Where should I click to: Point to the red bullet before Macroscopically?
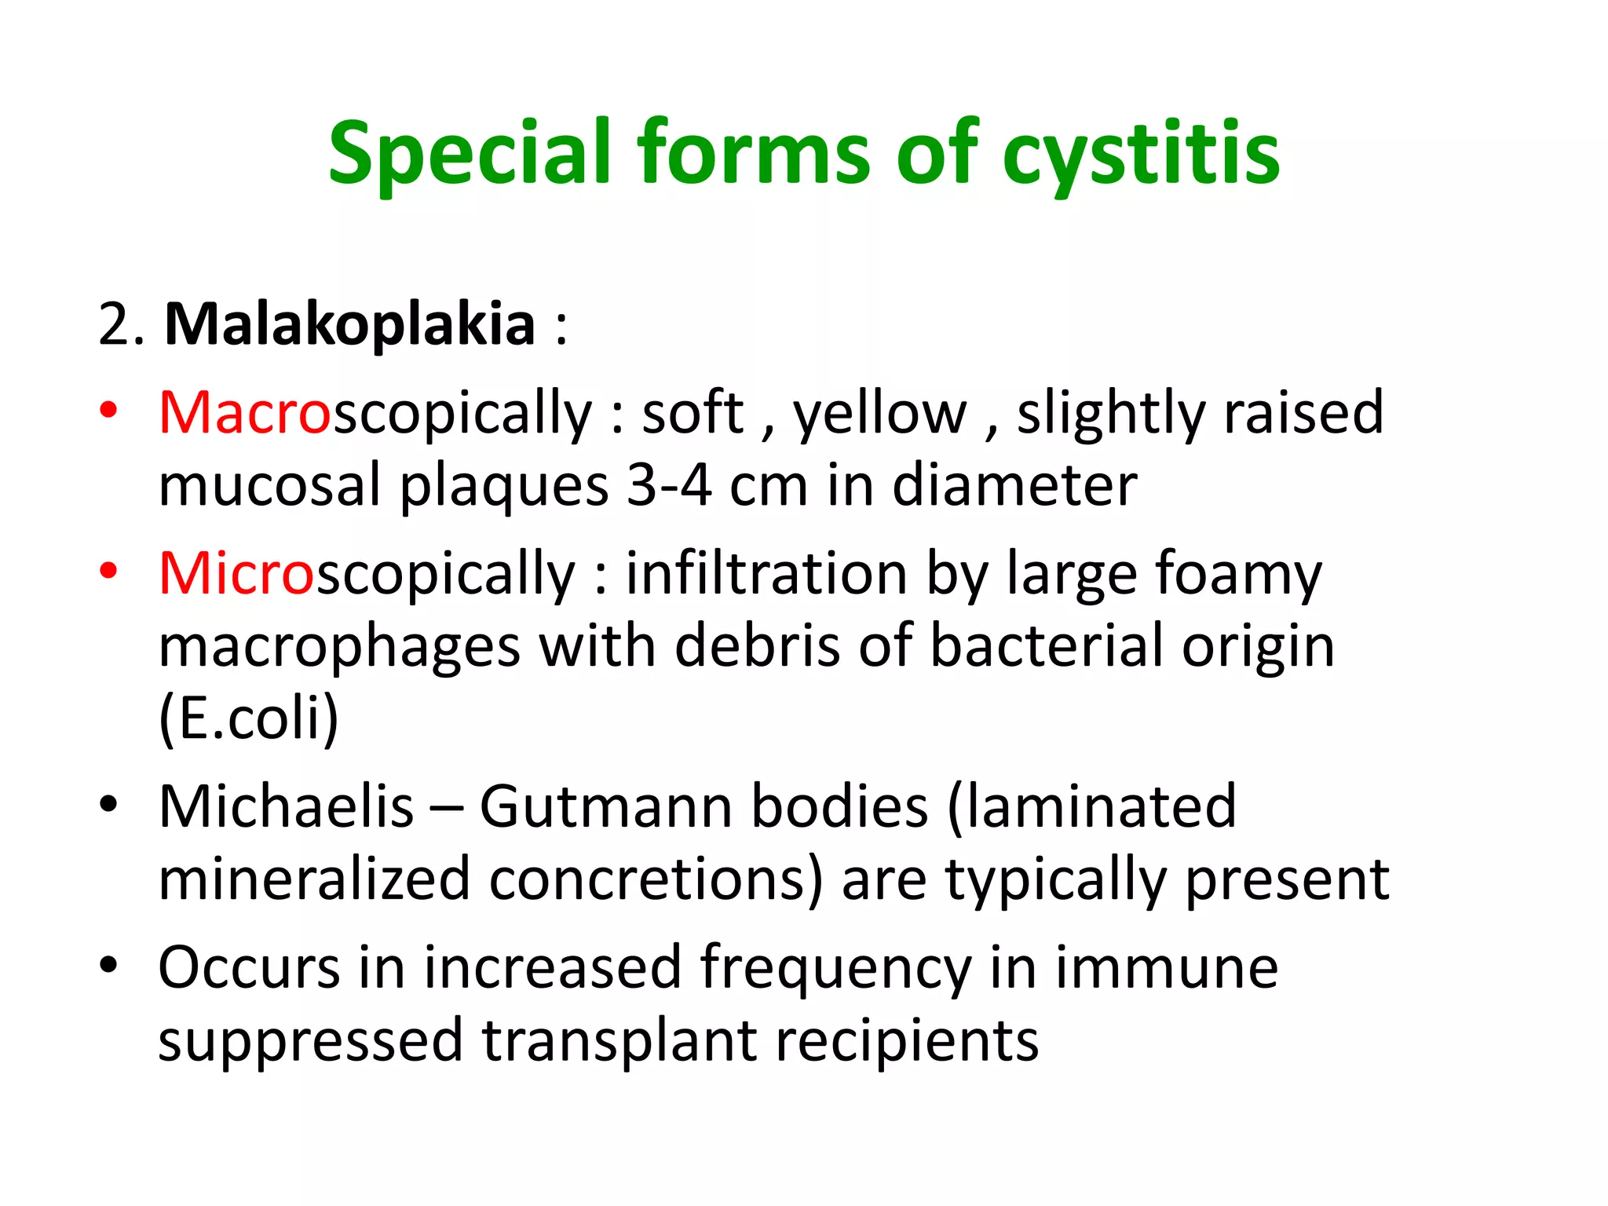(x=108, y=409)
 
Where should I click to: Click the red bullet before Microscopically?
(x=108, y=571)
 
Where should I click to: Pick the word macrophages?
(x=339, y=647)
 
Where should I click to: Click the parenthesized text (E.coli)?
(x=248, y=718)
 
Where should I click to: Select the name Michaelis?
(x=286, y=806)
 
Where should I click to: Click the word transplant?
(x=619, y=1041)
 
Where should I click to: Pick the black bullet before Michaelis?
(x=108, y=803)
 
